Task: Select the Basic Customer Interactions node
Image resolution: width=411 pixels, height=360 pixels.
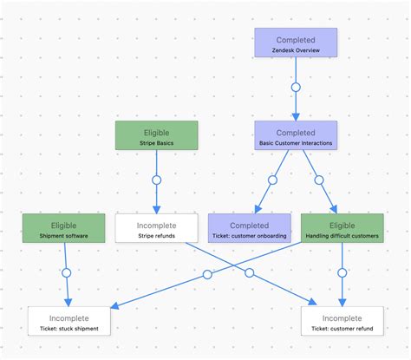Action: click(x=295, y=135)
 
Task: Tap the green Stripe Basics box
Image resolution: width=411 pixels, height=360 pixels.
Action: click(x=156, y=135)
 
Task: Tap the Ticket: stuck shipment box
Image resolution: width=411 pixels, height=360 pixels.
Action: click(x=68, y=321)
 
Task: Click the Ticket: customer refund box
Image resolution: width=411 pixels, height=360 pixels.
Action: click(x=342, y=321)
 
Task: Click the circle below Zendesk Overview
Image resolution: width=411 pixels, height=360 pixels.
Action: click(x=295, y=88)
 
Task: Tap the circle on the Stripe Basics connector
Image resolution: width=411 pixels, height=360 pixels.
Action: click(x=156, y=180)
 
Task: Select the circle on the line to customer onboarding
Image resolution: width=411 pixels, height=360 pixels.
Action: click(x=272, y=180)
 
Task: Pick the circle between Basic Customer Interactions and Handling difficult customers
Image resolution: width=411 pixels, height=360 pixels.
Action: click(x=318, y=180)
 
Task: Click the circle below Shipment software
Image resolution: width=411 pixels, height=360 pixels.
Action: click(x=66, y=273)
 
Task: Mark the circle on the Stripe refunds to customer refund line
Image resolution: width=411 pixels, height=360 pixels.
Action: click(x=250, y=274)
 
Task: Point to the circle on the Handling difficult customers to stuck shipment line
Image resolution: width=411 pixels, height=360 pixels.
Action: click(x=207, y=274)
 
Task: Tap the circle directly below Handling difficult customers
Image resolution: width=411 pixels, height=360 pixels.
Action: click(x=342, y=273)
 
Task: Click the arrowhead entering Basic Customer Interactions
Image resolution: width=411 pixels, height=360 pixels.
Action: click(x=295, y=116)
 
